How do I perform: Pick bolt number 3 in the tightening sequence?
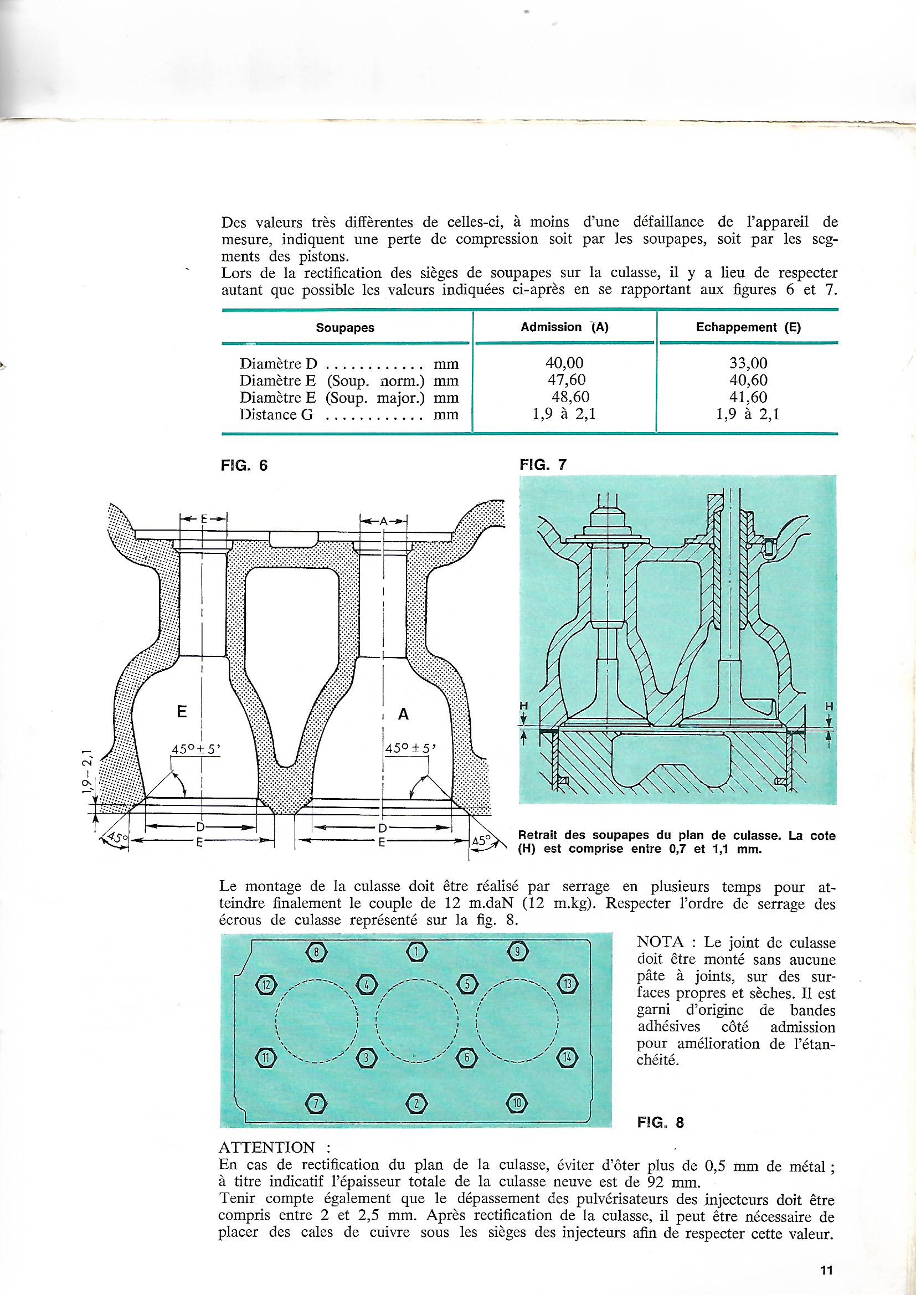[x=366, y=1058]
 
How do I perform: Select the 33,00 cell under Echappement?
[x=748, y=363]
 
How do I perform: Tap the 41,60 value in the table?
[x=748, y=397]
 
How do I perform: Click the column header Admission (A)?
[x=564, y=327]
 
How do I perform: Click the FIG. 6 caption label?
[x=244, y=466]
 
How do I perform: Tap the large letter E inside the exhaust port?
[x=182, y=712]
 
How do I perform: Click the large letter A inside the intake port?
[x=403, y=715]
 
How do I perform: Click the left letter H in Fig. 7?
[x=523, y=706]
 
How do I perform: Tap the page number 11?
[x=827, y=1266]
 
